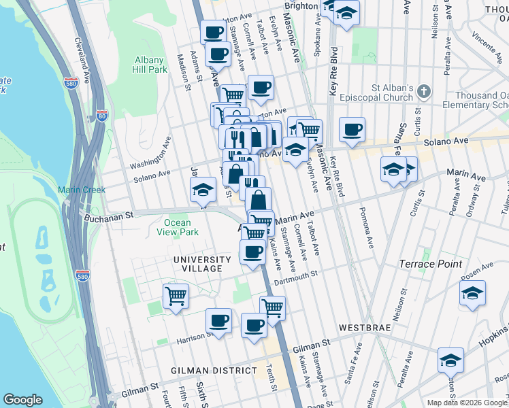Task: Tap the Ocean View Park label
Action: tap(181, 227)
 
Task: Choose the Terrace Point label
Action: tap(449, 264)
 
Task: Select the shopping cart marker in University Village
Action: tap(176, 296)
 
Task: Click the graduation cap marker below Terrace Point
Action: tap(472, 294)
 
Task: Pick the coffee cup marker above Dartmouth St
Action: tap(252, 252)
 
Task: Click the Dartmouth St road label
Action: tap(296, 277)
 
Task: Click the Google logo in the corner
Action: tap(22, 400)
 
